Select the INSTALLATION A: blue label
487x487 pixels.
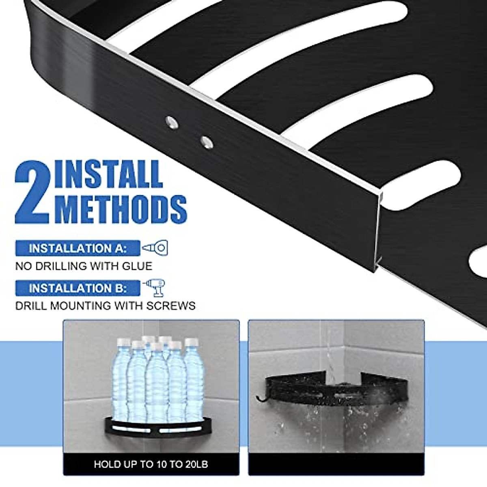coord(78,248)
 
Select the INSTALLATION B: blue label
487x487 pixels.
coord(78,288)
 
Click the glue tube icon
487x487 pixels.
coord(155,248)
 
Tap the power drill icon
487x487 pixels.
coord(155,287)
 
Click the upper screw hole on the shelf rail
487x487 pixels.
coord(171,121)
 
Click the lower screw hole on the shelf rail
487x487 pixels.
coord(207,142)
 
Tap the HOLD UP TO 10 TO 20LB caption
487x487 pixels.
coord(151,464)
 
